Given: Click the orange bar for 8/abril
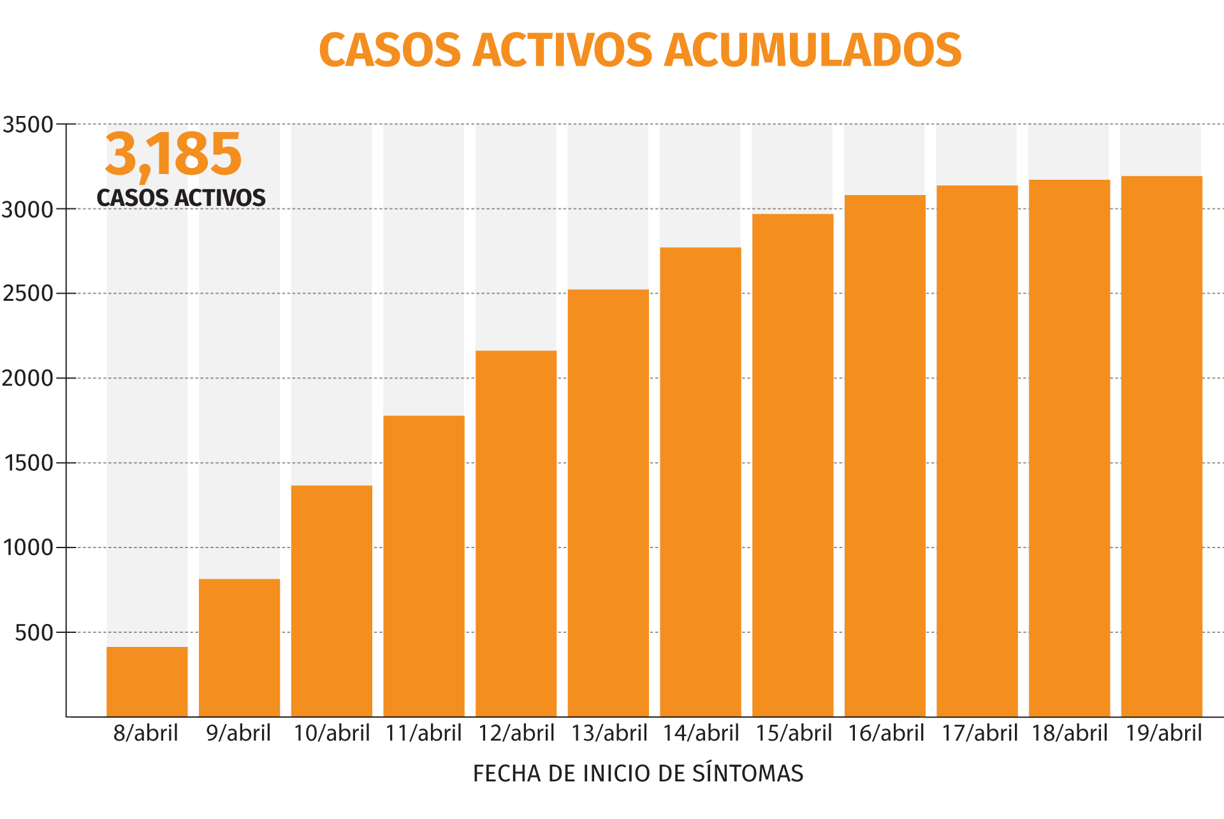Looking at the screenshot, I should (x=147, y=681).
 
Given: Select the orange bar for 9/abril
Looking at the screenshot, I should (x=239, y=647).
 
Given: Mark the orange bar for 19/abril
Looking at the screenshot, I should (x=1161, y=446).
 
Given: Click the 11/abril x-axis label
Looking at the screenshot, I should (x=423, y=734).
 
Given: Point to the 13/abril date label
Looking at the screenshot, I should (x=609, y=734).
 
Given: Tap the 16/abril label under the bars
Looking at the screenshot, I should (x=885, y=734).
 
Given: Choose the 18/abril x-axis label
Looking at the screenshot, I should (x=1070, y=734).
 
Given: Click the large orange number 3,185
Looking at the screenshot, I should (x=173, y=154).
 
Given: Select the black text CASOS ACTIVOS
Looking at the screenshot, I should (x=181, y=198).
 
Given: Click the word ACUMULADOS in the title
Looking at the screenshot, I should (x=813, y=50).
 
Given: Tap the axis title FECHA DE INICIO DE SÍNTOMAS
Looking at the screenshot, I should (x=637, y=774).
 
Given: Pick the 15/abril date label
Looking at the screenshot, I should (x=793, y=734).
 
